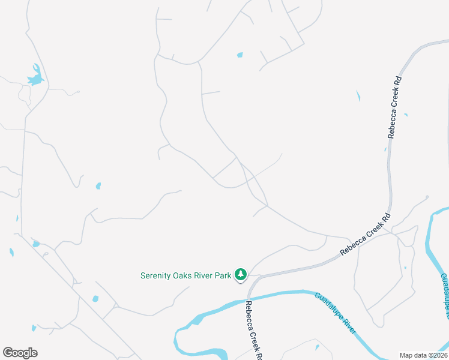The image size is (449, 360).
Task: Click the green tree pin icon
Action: (x=241, y=274)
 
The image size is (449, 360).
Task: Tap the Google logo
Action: (x=20, y=353)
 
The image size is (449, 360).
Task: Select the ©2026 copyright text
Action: (x=438, y=355)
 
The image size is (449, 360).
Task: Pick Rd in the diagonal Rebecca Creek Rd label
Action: (x=387, y=217)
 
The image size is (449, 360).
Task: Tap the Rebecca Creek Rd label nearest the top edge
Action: (x=394, y=107)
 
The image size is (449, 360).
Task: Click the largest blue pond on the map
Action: (x=35, y=77)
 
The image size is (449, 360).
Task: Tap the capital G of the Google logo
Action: (x=8, y=353)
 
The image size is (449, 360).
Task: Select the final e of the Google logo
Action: (x=34, y=353)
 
